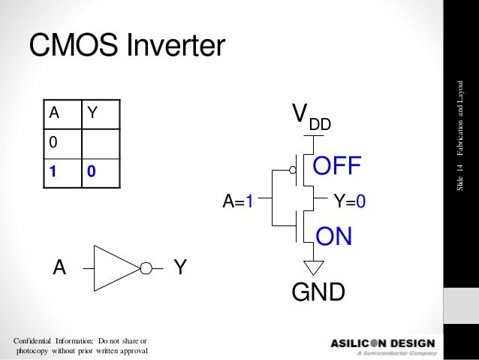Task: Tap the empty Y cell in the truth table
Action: click(x=101, y=143)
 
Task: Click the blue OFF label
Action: click(x=337, y=165)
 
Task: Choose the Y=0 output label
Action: click(x=349, y=201)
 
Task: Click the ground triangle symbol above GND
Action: click(x=313, y=267)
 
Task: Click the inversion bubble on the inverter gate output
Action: click(x=147, y=267)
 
